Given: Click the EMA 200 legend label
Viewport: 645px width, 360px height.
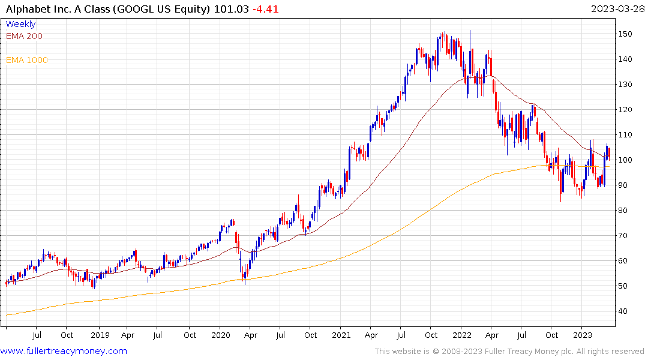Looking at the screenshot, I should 24,36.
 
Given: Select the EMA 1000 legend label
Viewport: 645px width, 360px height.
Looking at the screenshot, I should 26,60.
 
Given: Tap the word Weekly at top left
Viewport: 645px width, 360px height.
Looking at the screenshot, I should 20,25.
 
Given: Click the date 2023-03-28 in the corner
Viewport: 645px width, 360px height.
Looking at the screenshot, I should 616,9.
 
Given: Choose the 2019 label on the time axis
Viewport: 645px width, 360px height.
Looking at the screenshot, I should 100,335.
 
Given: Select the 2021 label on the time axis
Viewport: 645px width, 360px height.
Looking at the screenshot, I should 341,335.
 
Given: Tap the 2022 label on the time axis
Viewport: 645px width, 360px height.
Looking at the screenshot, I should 462,335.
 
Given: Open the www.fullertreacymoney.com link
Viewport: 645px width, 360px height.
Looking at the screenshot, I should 64,351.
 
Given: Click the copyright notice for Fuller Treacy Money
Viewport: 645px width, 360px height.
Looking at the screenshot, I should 509,352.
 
